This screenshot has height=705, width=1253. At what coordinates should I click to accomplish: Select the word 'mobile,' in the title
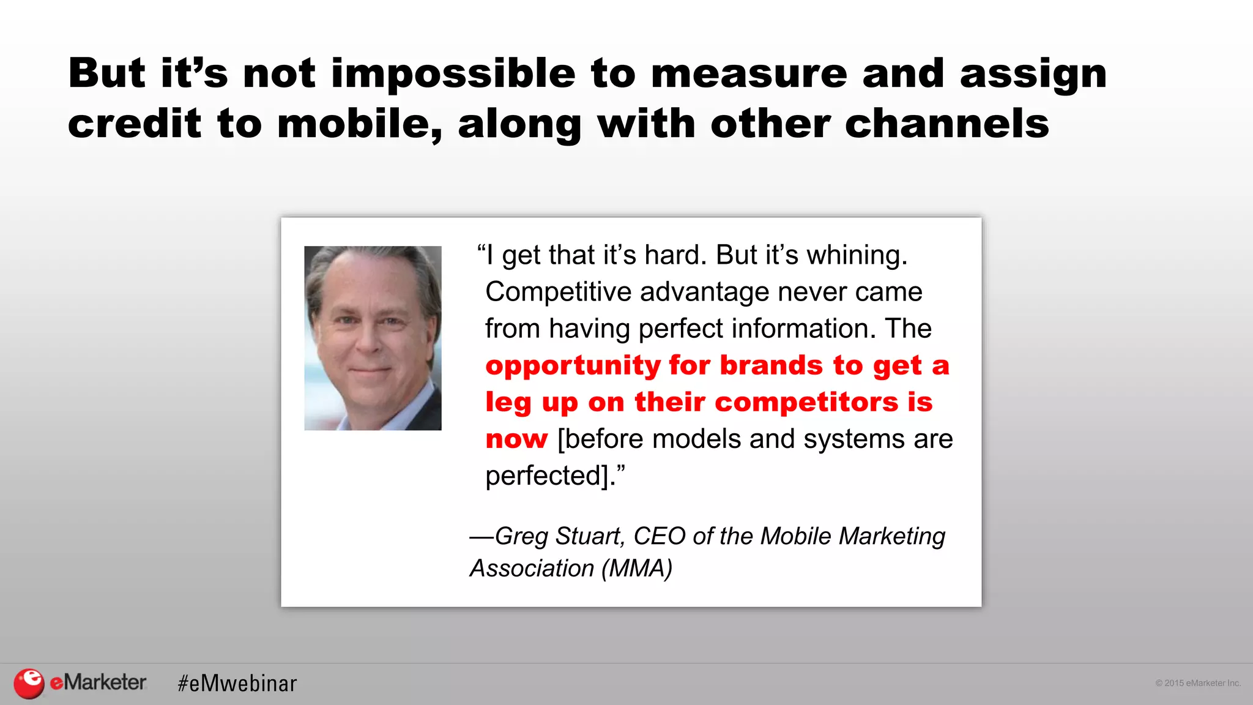tap(360, 124)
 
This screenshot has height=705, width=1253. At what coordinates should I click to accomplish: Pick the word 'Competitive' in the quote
tap(558, 292)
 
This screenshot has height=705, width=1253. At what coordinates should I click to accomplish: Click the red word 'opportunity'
tap(573, 367)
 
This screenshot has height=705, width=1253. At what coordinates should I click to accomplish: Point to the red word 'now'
tap(516, 439)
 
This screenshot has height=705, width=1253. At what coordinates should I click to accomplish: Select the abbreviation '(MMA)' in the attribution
tap(637, 569)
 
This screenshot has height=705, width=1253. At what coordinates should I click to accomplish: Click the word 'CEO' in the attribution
tap(659, 536)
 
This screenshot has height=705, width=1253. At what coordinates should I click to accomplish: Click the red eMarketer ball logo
tap(29, 683)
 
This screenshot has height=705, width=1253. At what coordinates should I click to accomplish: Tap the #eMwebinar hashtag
tap(237, 683)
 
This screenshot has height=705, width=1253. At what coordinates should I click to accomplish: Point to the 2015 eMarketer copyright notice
tap(1197, 683)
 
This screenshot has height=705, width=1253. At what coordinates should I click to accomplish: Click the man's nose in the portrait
tap(369, 341)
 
